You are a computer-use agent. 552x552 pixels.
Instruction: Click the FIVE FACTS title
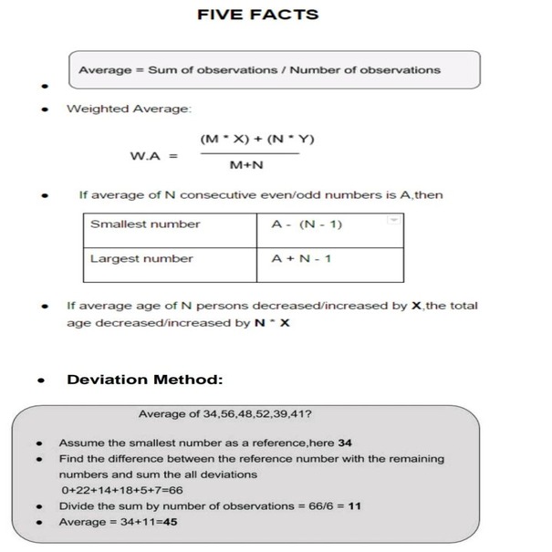pos(258,15)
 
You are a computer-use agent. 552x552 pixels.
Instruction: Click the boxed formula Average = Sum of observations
pos(259,69)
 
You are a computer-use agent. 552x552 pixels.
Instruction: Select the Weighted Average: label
pos(129,109)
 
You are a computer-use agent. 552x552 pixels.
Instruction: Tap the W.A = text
pos(153,155)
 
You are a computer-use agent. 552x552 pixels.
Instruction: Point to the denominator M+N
pos(246,166)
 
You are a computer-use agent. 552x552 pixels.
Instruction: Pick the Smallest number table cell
pos(145,224)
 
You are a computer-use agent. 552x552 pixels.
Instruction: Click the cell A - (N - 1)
pos(307,224)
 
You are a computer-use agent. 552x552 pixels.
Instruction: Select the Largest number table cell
pos(141,258)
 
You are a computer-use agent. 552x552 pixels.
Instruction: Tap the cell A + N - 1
pos(302,258)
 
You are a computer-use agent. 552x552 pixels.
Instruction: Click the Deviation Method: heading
pos(145,380)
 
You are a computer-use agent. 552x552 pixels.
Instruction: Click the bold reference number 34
pos(345,443)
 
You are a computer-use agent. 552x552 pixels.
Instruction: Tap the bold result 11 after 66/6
pos(354,505)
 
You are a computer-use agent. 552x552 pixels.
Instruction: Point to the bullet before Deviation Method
pos(43,380)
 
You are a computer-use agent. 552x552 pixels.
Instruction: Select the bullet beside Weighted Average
pos(43,109)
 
